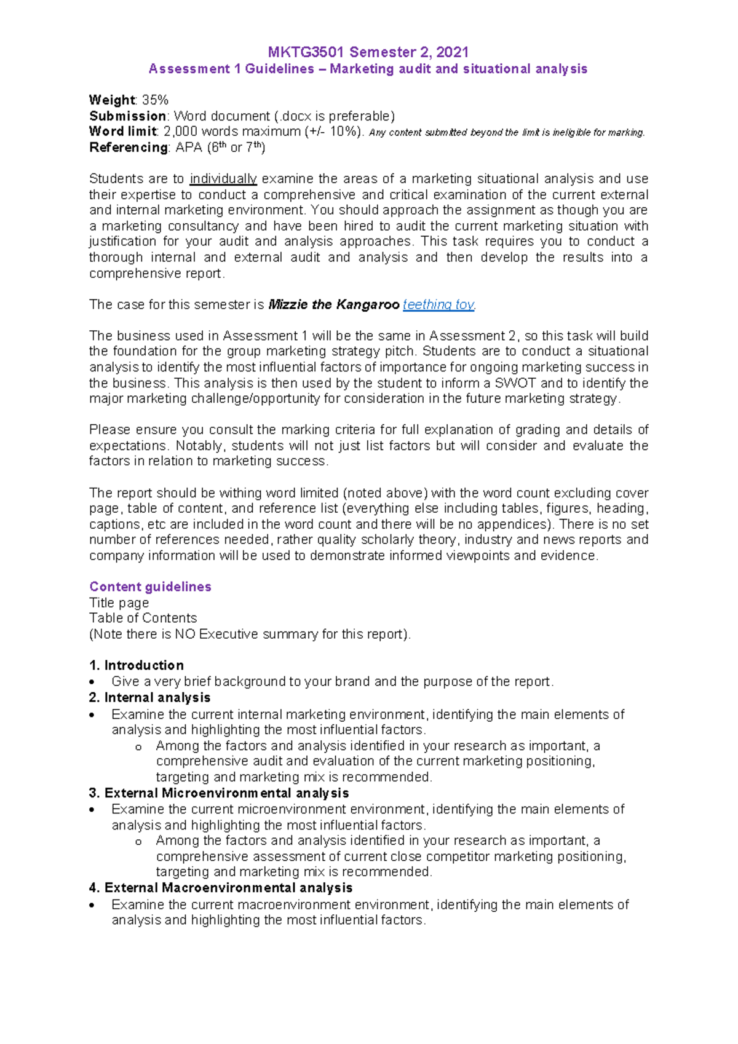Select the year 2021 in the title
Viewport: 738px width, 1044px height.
pos(452,52)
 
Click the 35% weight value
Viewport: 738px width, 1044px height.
pos(155,100)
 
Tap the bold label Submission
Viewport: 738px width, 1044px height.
pos(127,116)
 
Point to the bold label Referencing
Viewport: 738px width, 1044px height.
pos(128,148)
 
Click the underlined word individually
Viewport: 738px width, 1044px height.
pos(223,179)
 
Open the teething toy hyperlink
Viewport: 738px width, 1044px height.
pos(438,305)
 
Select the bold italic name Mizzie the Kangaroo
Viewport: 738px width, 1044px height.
pos(334,305)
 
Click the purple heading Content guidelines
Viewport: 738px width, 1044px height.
pos(150,587)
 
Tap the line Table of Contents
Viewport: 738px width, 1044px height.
pos(143,618)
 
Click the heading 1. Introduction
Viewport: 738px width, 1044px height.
pos(137,665)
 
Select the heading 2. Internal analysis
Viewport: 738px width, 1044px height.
pos(149,697)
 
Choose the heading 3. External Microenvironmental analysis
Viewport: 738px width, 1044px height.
pos(219,793)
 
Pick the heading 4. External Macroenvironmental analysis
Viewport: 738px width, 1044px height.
pos(221,888)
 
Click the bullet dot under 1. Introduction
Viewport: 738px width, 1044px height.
pos(92,682)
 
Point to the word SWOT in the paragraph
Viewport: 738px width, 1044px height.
pos(515,383)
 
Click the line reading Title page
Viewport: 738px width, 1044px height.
pos(119,603)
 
